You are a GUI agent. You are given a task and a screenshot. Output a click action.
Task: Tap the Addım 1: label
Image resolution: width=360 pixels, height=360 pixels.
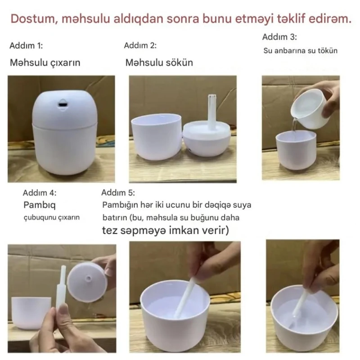pyautogui.click(x=26, y=46)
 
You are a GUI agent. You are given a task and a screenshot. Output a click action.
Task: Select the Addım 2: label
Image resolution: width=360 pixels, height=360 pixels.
pyautogui.click(x=140, y=45)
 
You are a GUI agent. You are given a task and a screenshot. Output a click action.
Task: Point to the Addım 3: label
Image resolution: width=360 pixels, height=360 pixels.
pyautogui.click(x=279, y=37)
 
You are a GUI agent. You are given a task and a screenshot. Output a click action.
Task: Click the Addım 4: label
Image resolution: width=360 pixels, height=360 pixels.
pyautogui.click(x=40, y=193)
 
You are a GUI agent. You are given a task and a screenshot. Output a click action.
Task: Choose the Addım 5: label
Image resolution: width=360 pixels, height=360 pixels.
pyautogui.click(x=118, y=193)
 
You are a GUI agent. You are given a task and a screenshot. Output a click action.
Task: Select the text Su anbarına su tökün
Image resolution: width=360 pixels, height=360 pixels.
pyautogui.click(x=300, y=50)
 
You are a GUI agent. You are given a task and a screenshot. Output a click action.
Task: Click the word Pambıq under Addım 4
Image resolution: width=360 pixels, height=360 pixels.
pyautogui.click(x=40, y=205)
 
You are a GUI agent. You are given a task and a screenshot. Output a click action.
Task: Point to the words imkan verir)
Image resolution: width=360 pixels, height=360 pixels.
pyautogui.click(x=199, y=230)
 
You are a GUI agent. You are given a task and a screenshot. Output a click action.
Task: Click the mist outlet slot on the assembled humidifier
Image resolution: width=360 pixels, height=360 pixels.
pyautogui.click(x=63, y=104)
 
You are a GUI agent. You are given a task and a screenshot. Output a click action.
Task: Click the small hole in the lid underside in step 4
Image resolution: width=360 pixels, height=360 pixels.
pyautogui.click(x=88, y=279)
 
